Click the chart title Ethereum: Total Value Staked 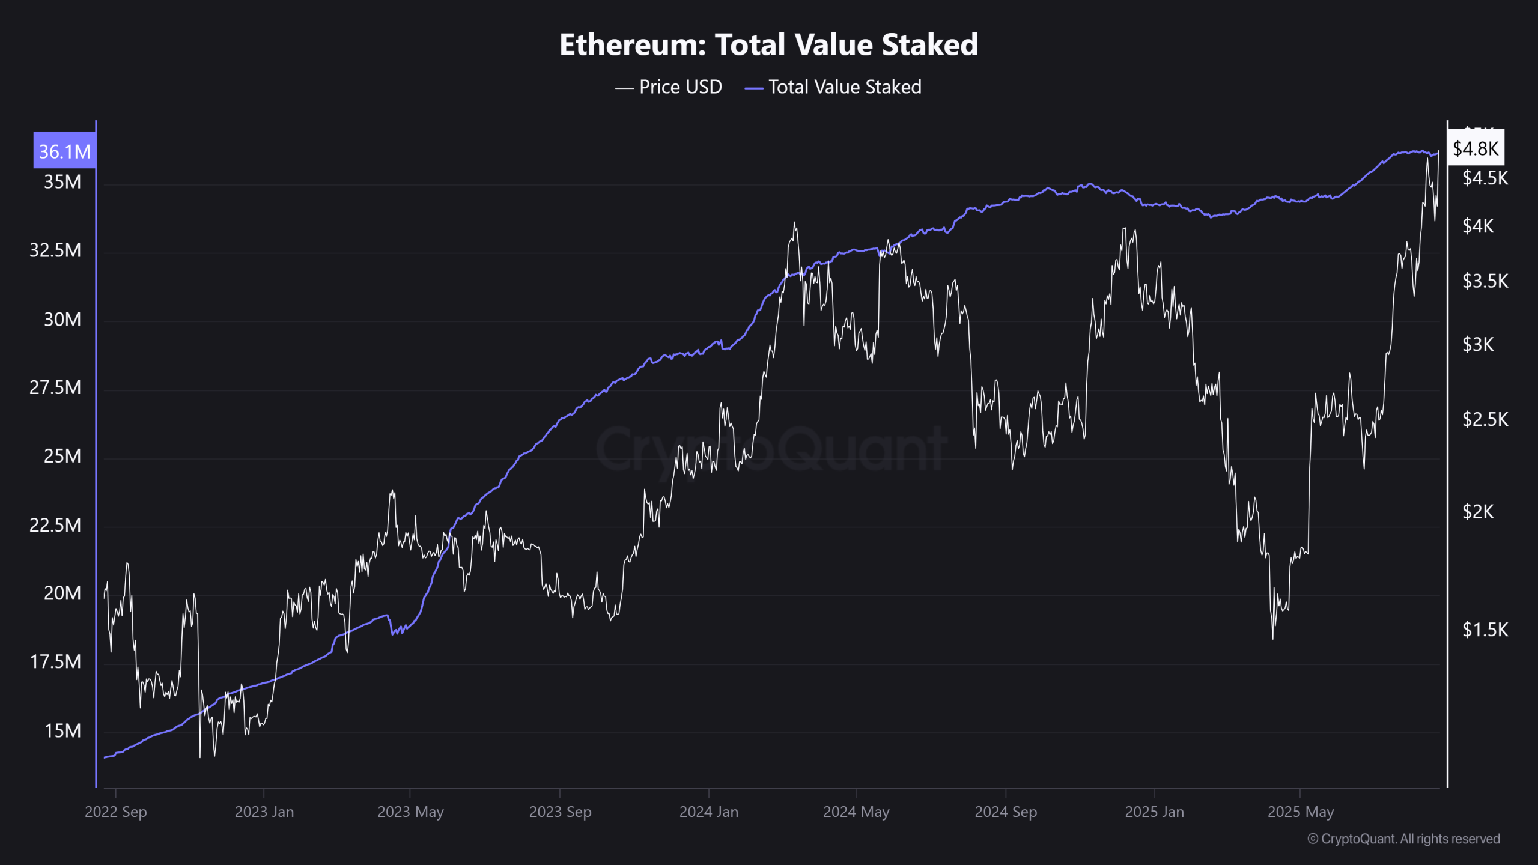[768, 45]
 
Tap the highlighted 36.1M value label [64, 151]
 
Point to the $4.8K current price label [1475, 148]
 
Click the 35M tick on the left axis [62, 182]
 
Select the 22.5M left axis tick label [55, 526]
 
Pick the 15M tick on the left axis [62, 731]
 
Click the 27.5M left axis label [55, 388]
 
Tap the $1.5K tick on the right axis [1485, 630]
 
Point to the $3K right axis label [1477, 345]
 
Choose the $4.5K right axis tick [1485, 178]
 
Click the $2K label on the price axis [1477, 512]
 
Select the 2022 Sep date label [115, 812]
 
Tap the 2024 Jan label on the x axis [708, 812]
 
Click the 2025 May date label [1300, 812]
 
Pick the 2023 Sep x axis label [560, 812]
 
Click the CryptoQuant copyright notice [1403, 839]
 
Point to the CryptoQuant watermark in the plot [771, 449]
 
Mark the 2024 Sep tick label [1005, 812]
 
